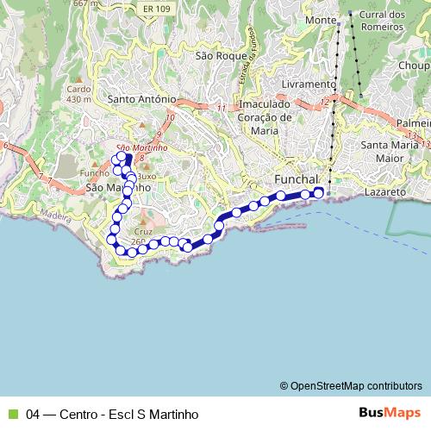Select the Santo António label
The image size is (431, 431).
tap(142, 99)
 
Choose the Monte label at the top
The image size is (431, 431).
tap(321, 19)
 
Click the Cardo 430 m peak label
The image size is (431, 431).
tap(78, 94)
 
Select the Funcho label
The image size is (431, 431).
tap(94, 172)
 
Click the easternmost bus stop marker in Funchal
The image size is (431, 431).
tap(318, 192)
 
